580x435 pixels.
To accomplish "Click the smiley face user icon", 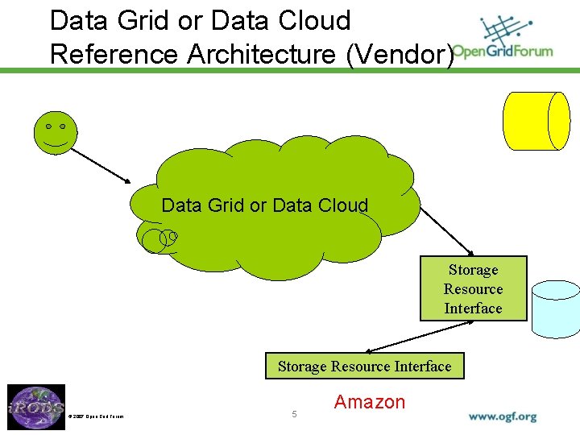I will pyautogui.click(x=56, y=133).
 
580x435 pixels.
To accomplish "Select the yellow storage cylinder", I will pyautogui.click(x=536, y=121).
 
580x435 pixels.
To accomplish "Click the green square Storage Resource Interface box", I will pyautogui.click(x=473, y=288).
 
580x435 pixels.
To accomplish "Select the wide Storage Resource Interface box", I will pyautogui.click(x=364, y=367).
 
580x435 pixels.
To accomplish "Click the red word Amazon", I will pyautogui.click(x=370, y=402).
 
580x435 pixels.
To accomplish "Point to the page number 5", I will pyautogui.click(x=295, y=414).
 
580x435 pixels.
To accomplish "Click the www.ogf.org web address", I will pyautogui.click(x=502, y=416).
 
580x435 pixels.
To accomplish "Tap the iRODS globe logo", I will pyautogui.click(x=36, y=407).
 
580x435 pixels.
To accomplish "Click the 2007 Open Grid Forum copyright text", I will pyautogui.click(x=96, y=416).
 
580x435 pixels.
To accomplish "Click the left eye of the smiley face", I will pyautogui.click(x=48, y=127).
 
